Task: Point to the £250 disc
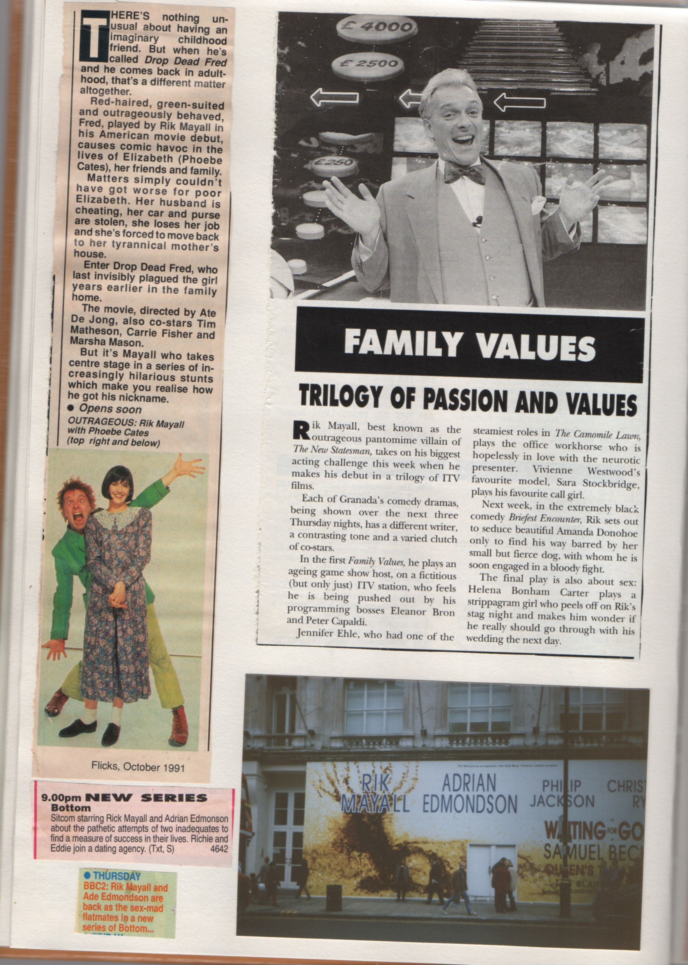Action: [x=335, y=163]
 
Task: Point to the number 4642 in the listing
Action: [x=219, y=849]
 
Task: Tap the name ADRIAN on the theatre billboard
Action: [x=469, y=783]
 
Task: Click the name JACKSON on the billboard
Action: [x=562, y=801]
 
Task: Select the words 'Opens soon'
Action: [x=110, y=410]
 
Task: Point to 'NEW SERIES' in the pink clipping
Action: [x=146, y=798]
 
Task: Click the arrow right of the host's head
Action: [x=519, y=102]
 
